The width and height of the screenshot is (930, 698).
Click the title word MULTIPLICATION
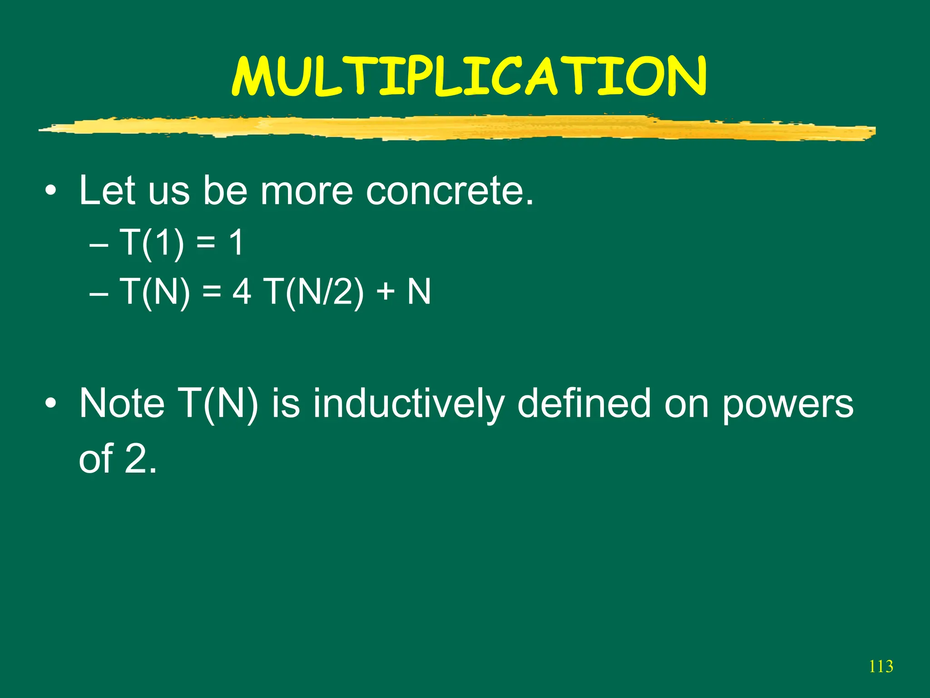click(x=469, y=77)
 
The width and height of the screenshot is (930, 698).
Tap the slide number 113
click(x=881, y=667)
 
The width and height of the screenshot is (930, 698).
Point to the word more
click(x=307, y=191)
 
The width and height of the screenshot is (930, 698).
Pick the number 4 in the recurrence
click(x=242, y=292)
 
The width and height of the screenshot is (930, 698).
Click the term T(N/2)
click(x=313, y=292)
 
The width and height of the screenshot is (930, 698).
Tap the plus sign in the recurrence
click(x=385, y=292)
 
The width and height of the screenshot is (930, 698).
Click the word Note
click(x=122, y=404)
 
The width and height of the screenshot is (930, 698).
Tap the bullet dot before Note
click(x=51, y=403)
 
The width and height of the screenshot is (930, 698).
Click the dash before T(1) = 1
click(x=99, y=246)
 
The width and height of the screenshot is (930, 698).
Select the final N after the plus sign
click(x=419, y=292)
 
